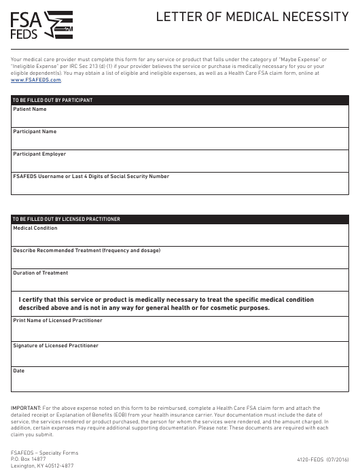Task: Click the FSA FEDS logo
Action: point(41,25)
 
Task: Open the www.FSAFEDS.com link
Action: point(36,80)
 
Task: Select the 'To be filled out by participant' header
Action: point(52,101)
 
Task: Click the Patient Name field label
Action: point(30,109)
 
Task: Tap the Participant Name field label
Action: point(35,132)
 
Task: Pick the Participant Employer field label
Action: point(39,154)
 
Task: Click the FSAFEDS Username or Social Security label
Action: point(91,177)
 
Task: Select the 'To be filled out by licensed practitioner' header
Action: point(67,220)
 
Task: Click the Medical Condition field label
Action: point(35,228)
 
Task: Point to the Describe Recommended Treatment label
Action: point(86,251)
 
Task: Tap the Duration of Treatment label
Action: point(41,273)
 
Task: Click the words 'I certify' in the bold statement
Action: point(33,299)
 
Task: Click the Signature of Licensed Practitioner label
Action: point(56,346)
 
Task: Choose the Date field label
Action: point(19,371)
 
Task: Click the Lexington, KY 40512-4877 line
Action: point(42,466)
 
